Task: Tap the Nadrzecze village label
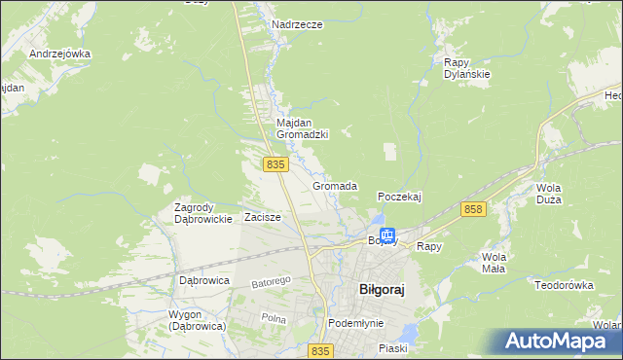click(297, 24)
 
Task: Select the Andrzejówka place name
click(59, 54)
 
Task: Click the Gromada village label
click(335, 185)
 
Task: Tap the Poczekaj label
click(399, 197)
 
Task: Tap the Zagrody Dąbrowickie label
click(202, 213)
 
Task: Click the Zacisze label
click(263, 217)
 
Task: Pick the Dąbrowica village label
click(203, 280)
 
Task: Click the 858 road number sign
click(474, 209)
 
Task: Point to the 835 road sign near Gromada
click(275, 165)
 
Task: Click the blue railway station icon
click(387, 234)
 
